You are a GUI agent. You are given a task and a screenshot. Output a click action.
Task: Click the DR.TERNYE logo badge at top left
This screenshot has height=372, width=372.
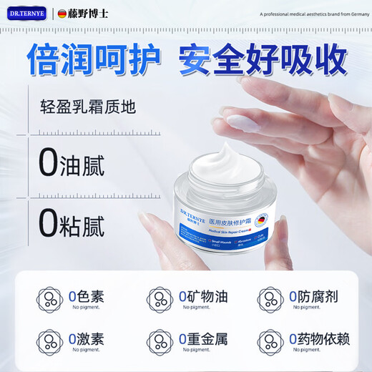point(26,14)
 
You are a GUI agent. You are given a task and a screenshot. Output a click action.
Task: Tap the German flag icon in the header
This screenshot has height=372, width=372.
point(62,14)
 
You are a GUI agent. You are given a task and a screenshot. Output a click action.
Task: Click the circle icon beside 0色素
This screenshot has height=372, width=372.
point(50,300)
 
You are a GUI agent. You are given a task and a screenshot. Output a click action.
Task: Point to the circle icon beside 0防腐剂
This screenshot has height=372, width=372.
point(270,300)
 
